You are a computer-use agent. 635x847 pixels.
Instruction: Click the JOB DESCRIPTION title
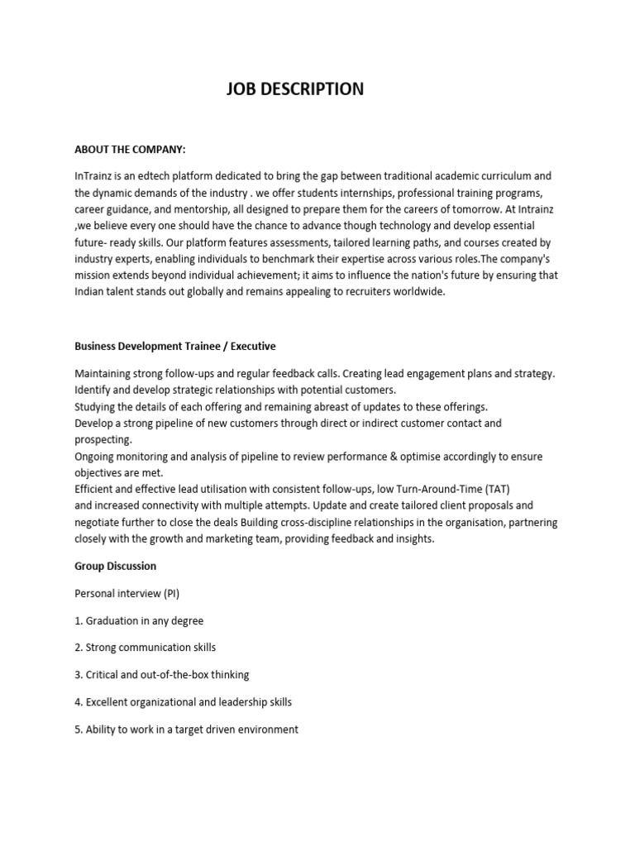295,89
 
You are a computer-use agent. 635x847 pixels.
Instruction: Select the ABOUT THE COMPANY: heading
130,150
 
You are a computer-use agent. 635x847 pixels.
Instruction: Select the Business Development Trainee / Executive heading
174,347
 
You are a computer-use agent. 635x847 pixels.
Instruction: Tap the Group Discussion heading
115,567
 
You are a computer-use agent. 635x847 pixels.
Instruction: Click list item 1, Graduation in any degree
138,620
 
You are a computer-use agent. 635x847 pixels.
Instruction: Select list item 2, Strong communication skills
145,648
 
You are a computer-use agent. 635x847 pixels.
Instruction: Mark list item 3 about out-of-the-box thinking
161,675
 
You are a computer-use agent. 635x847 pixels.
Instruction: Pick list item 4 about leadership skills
183,702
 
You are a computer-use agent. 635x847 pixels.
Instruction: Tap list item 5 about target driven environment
186,730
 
